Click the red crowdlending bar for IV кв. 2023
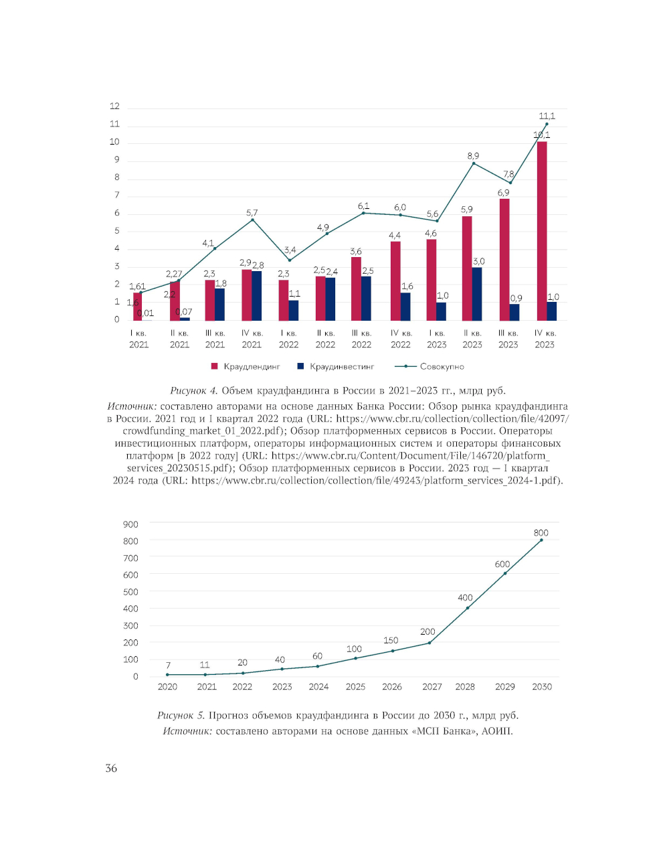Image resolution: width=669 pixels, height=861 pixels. [542, 231]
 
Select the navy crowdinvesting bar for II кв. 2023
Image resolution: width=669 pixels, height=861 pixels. [477, 294]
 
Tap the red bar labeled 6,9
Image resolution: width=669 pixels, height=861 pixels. [504, 260]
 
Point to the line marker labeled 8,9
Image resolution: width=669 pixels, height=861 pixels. [474, 163]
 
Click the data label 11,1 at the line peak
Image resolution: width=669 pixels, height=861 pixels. [547, 116]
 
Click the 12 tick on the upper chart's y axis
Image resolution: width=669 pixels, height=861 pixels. [115, 106]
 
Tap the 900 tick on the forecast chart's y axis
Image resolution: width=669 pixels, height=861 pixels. [130, 524]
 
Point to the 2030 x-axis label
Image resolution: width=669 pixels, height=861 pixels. [542, 686]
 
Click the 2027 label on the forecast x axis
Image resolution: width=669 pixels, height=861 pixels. [432, 686]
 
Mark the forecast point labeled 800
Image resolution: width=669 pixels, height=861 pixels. [541, 540]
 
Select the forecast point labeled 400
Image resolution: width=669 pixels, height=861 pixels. [467, 608]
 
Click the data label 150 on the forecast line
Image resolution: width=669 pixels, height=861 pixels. [391, 640]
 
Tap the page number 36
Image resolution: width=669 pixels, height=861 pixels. [111, 768]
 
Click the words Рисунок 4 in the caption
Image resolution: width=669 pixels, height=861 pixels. [194, 390]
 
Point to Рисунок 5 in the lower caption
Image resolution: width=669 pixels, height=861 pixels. [181, 715]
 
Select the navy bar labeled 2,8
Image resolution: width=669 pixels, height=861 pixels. [257, 295]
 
